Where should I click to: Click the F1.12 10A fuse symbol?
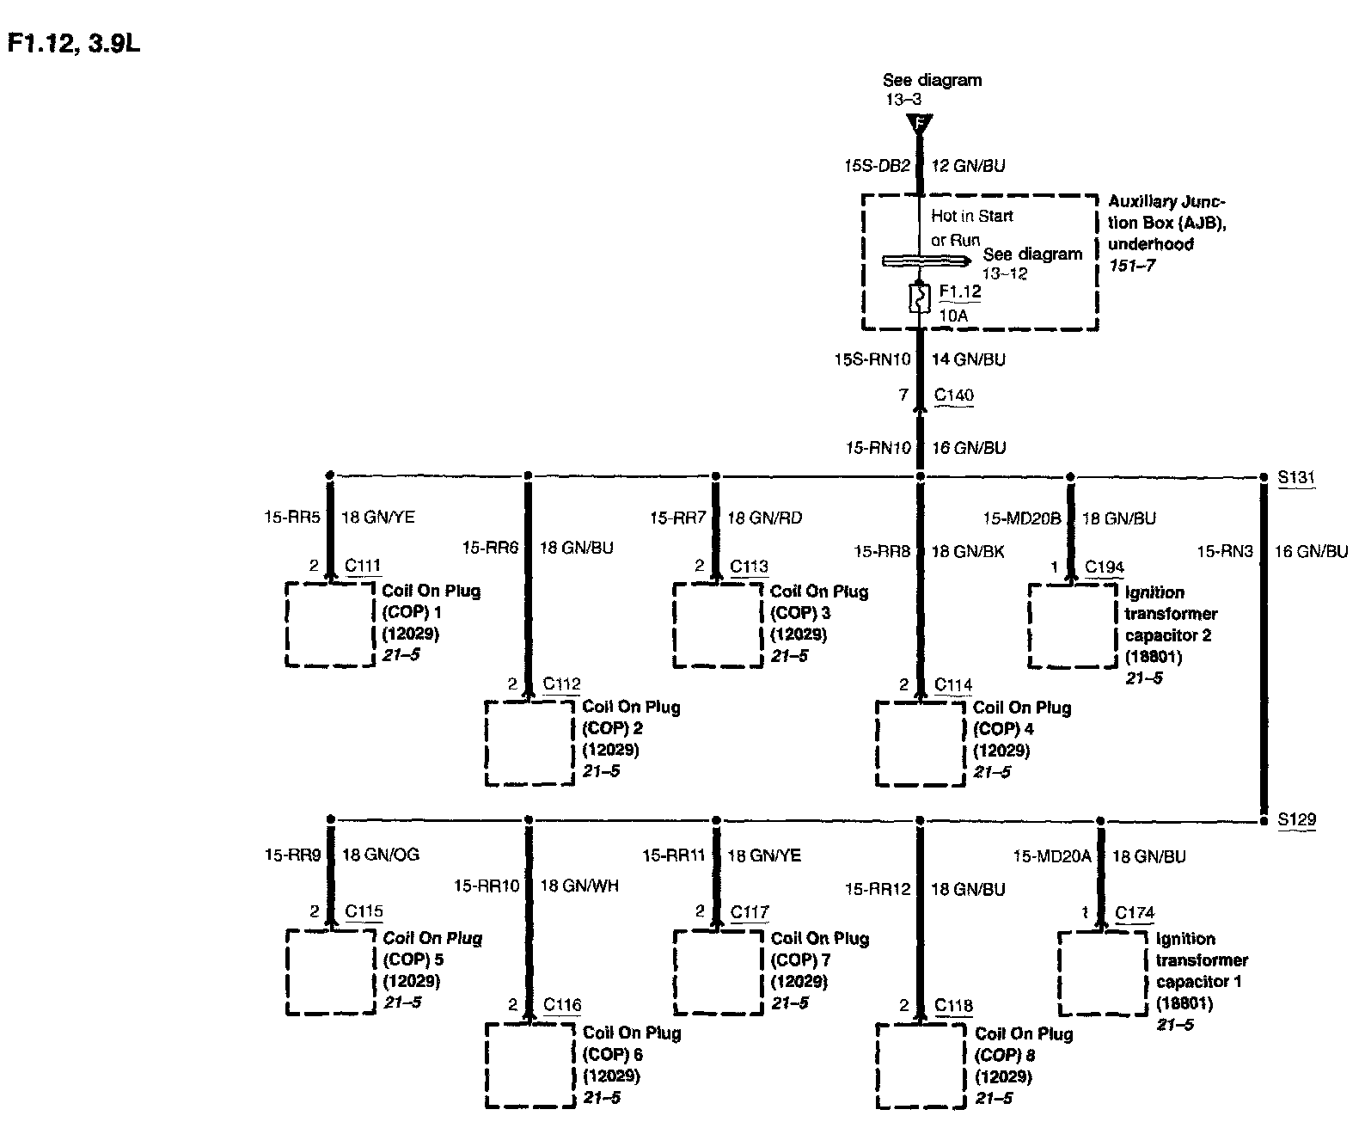pos(920,298)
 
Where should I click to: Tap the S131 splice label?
pos(1296,477)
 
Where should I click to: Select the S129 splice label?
pos(1296,820)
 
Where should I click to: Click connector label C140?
pos(954,395)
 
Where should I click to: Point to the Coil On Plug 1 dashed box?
pos(330,624)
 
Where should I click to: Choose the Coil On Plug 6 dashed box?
pos(529,1064)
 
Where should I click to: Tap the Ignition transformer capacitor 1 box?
pos(1103,972)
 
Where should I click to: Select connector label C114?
pos(953,684)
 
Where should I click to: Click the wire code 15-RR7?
pos(677,518)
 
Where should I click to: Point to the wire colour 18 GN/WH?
pos(579,886)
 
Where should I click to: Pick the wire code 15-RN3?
pos(1224,551)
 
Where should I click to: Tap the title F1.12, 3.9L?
pos(73,44)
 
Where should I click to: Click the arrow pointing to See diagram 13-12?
pos(927,261)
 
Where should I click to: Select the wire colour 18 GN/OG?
pos(381,855)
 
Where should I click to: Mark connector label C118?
pos(954,1005)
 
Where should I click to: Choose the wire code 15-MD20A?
pos(1052,855)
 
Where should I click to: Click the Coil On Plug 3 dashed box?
pos(717,624)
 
